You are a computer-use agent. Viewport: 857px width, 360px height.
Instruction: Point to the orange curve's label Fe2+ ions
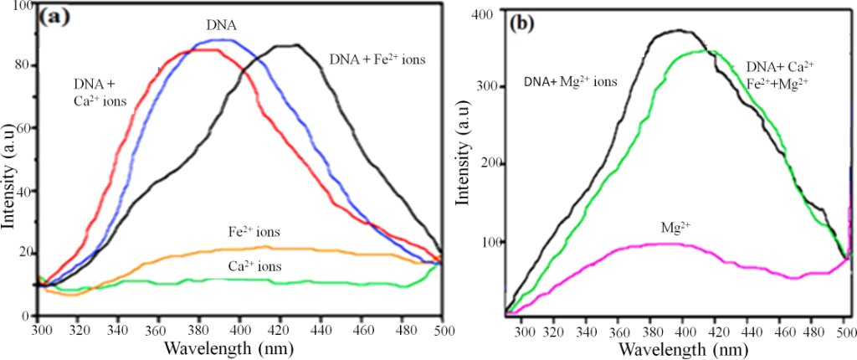point(255,232)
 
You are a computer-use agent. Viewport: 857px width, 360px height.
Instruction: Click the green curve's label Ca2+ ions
point(254,265)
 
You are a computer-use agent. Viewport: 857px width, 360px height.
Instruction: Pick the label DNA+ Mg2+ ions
point(571,81)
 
